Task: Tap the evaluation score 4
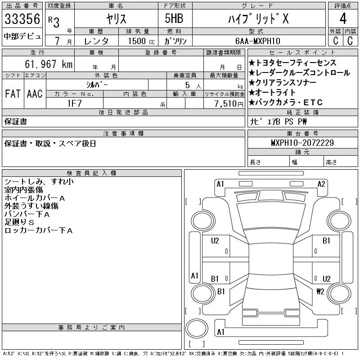[343, 19]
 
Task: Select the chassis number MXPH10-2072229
[302, 143]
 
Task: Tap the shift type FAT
[12, 94]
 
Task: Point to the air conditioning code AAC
[35, 94]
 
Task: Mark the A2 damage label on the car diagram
[321, 184]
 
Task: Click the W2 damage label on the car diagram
[320, 291]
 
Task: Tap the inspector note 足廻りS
[19, 222]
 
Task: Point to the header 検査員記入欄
[92, 173]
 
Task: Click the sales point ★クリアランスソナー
[282, 83]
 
